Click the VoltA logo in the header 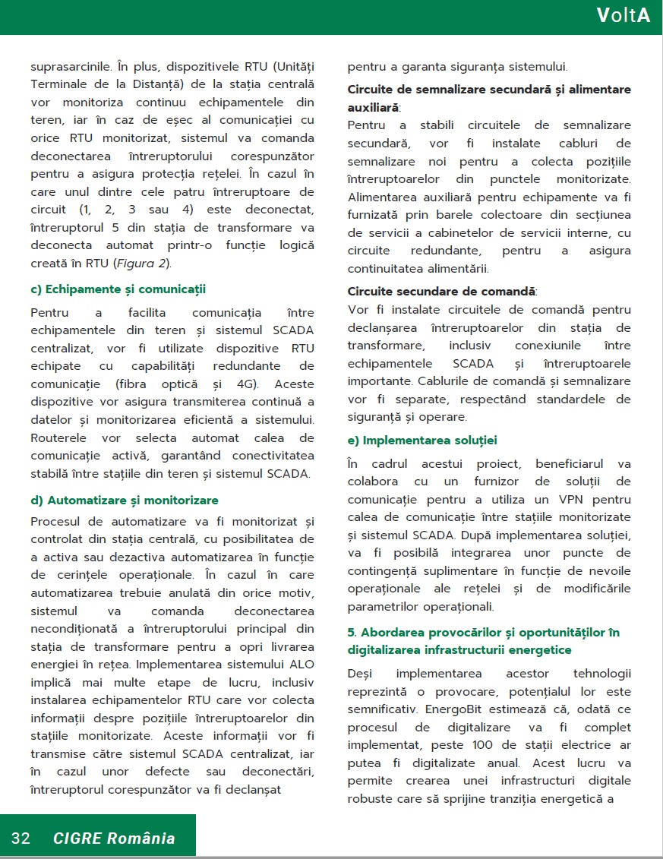coord(623,16)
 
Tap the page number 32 coord(21,838)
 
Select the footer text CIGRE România coord(114,838)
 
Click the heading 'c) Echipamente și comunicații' coord(118,289)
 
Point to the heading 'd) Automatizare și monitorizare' coord(125,500)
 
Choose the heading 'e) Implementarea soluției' coord(422,441)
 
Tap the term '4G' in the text coord(244,384)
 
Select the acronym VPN coord(557,499)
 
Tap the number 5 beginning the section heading coord(352,632)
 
